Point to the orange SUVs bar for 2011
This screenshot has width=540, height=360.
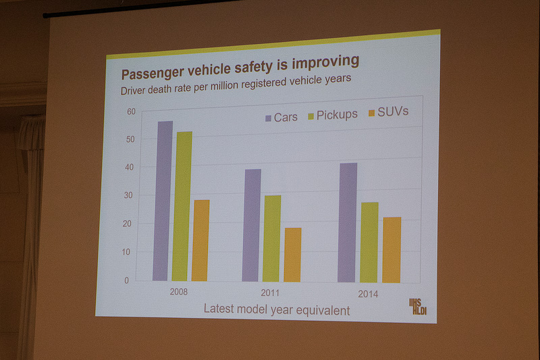point(292,255)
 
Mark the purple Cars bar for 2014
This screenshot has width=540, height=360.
point(348,222)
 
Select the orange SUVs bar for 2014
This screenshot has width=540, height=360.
point(391,249)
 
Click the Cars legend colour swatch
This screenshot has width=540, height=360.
point(268,118)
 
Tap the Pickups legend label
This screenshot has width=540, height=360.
point(337,114)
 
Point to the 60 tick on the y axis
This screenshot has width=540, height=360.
point(131,111)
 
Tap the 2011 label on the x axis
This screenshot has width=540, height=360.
point(269,294)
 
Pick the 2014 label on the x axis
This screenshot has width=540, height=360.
point(367,294)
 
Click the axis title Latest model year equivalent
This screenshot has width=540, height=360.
point(277,310)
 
